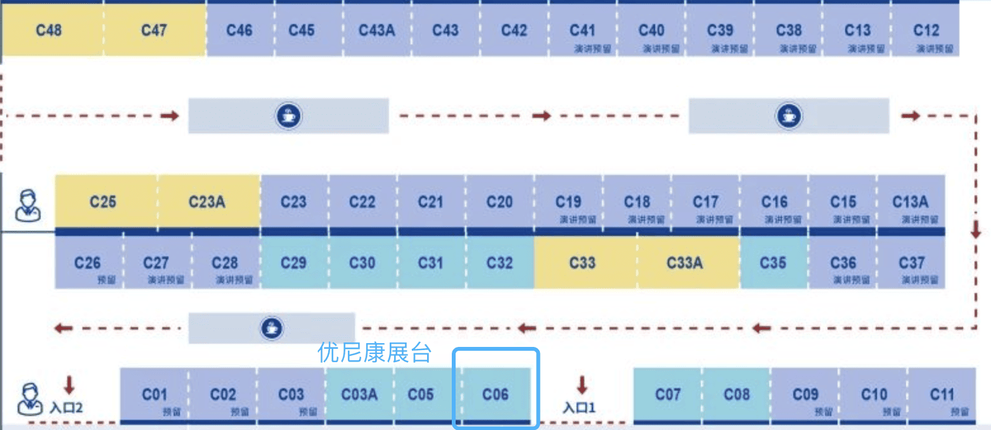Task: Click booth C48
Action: click(x=49, y=30)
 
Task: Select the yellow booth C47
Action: click(x=154, y=30)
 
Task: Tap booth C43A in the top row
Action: click(x=377, y=30)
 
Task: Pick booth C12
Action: click(x=926, y=30)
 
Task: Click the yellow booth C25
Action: click(x=103, y=202)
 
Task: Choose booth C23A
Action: click(x=207, y=202)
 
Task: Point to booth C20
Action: click(x=499, y=202)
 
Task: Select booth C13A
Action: click(x=911, y=202)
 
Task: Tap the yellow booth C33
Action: click(x=582, y=262)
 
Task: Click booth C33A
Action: click(x=685, y=262)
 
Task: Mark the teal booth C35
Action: click(x=773, y=262)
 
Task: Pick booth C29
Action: click(x=293, y=262)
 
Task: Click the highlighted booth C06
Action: click(x=496, y=394)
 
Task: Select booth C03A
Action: click(x=359, y=394)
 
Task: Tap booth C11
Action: click(x=942, y=394)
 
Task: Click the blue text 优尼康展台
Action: click(x=374, y=353)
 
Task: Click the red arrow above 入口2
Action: click(x=70, y=384)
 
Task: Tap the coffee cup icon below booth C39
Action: click(x=789, y=115)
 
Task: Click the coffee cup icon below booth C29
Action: click(x=272, y=329)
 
